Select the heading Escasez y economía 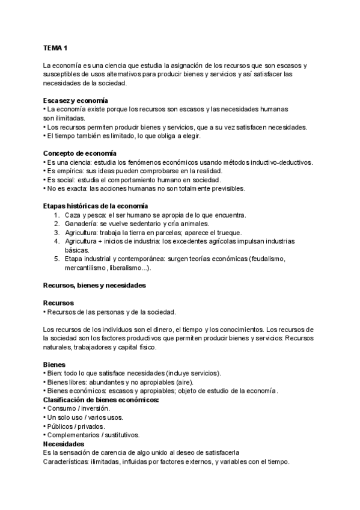point(76,100)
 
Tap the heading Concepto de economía point(80,153)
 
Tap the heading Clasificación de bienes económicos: point(101,399)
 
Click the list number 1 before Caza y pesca point(56,215)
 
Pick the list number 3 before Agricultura point(56,233)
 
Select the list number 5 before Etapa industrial point(56,259)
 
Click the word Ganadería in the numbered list point(82,224)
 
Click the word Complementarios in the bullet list point(72,434)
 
